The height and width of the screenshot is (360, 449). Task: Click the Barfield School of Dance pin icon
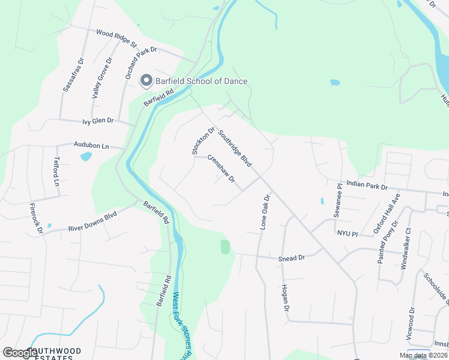coord(146,81)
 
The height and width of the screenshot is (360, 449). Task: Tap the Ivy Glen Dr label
coord(98,121)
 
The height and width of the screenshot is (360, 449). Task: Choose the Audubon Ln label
coord(91,145)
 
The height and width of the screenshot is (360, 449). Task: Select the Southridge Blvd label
coord(234,149)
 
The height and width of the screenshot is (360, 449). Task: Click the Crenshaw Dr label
coord(221,169)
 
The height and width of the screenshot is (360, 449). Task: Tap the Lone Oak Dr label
coord(265,212)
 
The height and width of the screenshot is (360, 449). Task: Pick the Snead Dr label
coord(292,258)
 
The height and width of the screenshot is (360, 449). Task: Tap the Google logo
coord(20,353)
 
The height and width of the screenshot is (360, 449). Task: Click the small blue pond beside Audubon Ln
coord(86,157)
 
